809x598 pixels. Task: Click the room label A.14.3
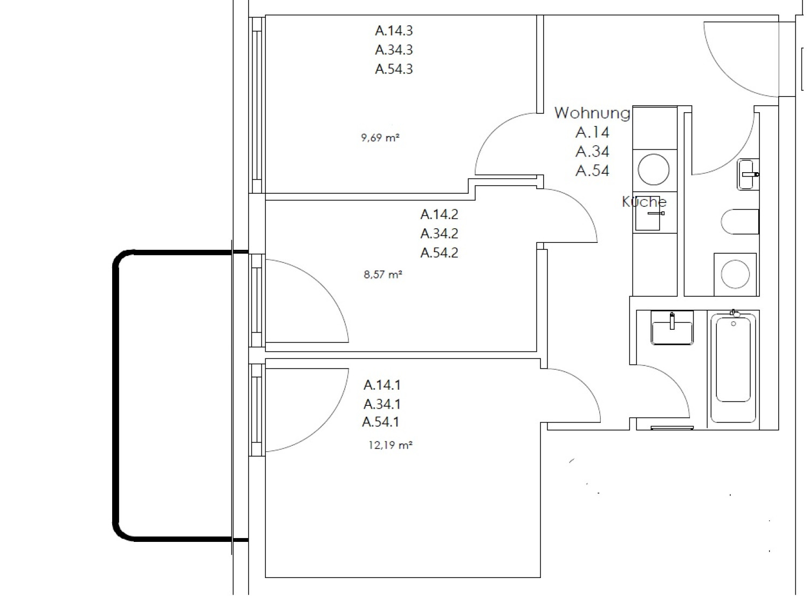394,31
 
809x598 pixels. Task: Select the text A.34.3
394,50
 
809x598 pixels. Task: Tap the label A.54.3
394,70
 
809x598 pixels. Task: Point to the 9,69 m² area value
380,138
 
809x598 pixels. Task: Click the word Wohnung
592,113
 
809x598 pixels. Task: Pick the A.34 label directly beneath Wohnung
592,152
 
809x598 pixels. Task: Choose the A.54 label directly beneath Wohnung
592,171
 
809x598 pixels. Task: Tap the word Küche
644,201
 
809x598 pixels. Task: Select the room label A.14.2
439,214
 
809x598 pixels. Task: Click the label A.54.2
439,253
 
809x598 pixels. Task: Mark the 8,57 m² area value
382,275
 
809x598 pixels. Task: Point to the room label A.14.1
382,385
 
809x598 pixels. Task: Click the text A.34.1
382,404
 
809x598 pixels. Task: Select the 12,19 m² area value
390,445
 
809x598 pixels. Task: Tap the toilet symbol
740,222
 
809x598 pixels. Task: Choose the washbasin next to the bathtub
672,328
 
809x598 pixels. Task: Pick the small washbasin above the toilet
748,174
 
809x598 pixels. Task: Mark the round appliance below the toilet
735,274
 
